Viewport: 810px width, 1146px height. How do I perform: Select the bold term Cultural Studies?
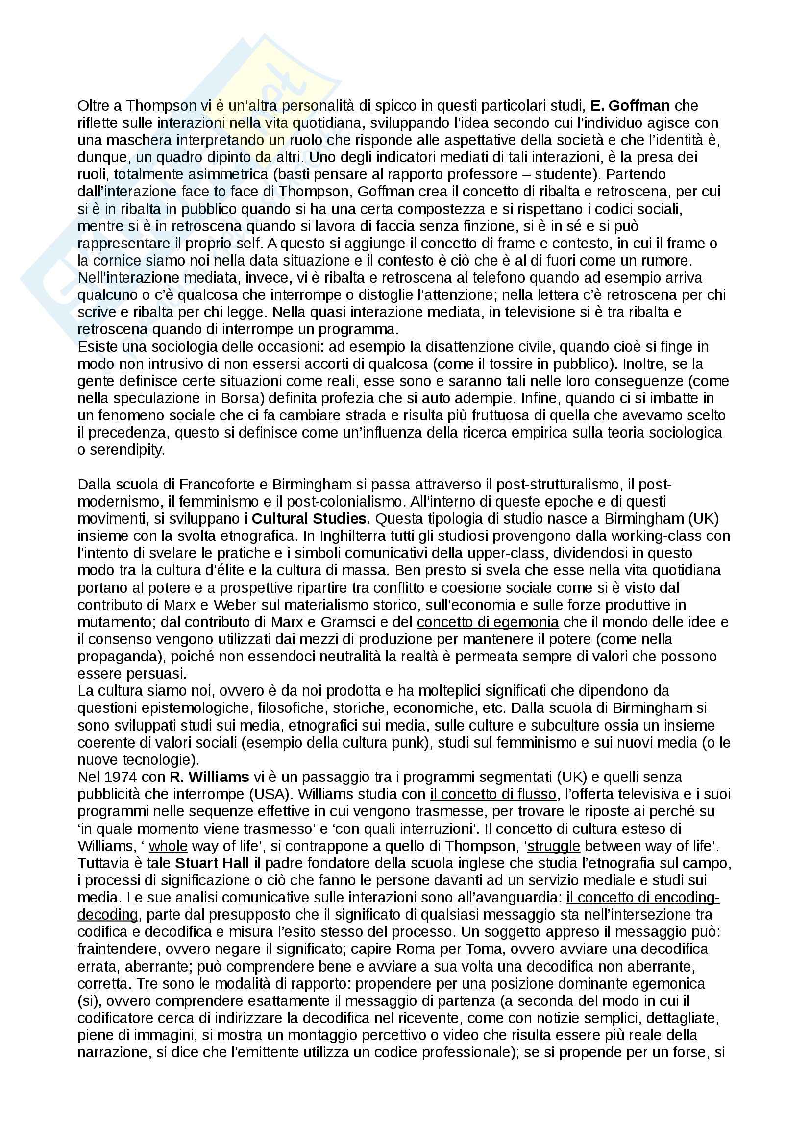pyautogui.click(x=311, y=519)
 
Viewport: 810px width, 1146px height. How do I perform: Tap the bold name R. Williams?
pyautogui.click(x=209, y=777)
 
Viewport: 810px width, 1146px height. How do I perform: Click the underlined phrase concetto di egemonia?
pyautogui.click(x=488, y=622)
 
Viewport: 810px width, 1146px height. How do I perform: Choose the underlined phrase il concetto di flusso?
pyautogui.click(x=493, y=794)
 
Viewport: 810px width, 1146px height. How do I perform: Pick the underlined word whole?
pyautogui.click(x=168, y=846)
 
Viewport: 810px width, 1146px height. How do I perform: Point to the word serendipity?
pyautogui.click(x=127, y=450)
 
